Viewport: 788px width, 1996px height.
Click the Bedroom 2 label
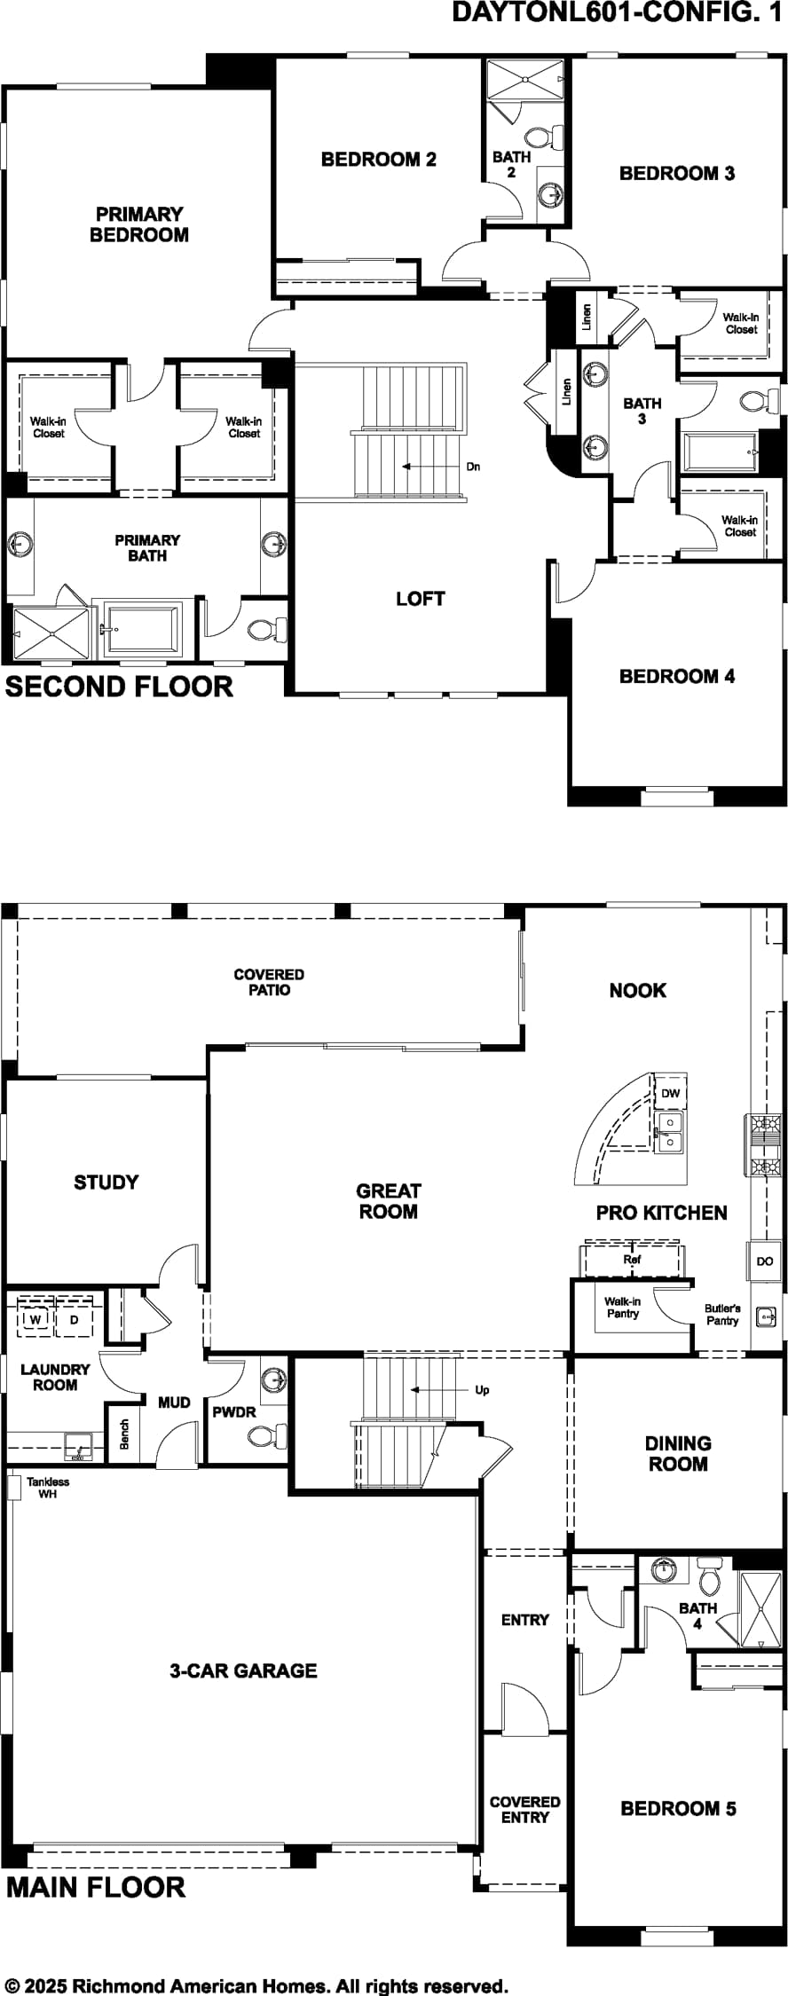point(379,160)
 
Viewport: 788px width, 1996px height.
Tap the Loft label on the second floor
point(421,599)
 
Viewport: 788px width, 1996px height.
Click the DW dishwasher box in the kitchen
point(670,1093)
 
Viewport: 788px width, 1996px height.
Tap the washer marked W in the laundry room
point(35,1319)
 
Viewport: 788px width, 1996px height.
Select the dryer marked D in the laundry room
point(75,1319)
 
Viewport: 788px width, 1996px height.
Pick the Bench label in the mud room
point(124,1434)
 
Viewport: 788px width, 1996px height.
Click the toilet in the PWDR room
point(267,1434)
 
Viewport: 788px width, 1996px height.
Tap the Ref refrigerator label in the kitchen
point(632,1259)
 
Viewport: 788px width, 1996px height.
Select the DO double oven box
point(765,1261)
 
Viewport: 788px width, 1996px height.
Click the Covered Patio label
point(269,982)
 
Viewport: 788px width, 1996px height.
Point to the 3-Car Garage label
point(243,1671)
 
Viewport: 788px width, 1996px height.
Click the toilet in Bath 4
point(709,1576)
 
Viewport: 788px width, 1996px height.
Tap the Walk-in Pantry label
point(623,1308)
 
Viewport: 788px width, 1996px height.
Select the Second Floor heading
point(119,687)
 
